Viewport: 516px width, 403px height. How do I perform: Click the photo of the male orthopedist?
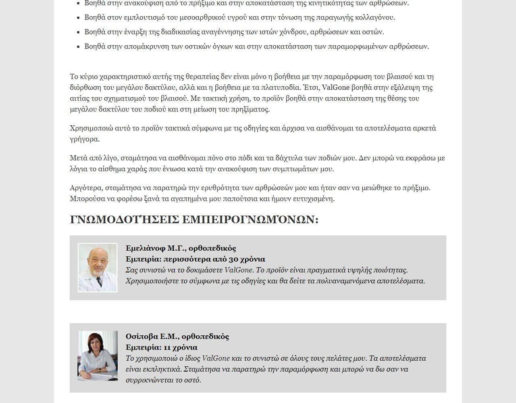click(x=97, y=268)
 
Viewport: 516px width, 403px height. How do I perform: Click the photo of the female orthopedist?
click(x=97, y=356)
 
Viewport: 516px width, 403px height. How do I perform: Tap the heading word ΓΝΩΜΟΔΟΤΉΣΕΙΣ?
click(x=125, y=220)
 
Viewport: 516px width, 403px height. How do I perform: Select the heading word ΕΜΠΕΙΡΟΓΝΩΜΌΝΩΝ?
click(x=250, y=220)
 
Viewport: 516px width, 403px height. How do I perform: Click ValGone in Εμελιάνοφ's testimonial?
click(x=238, y=270)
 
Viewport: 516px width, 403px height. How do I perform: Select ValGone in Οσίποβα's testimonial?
click(x=216, y=358)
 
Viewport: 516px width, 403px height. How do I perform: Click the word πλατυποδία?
click(x=281, y=87)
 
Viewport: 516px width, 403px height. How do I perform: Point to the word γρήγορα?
click(x=84, y=139)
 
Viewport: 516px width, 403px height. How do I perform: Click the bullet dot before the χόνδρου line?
click(x=78, y=32)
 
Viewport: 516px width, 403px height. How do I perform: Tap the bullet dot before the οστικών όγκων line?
click(x=78, y=47)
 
